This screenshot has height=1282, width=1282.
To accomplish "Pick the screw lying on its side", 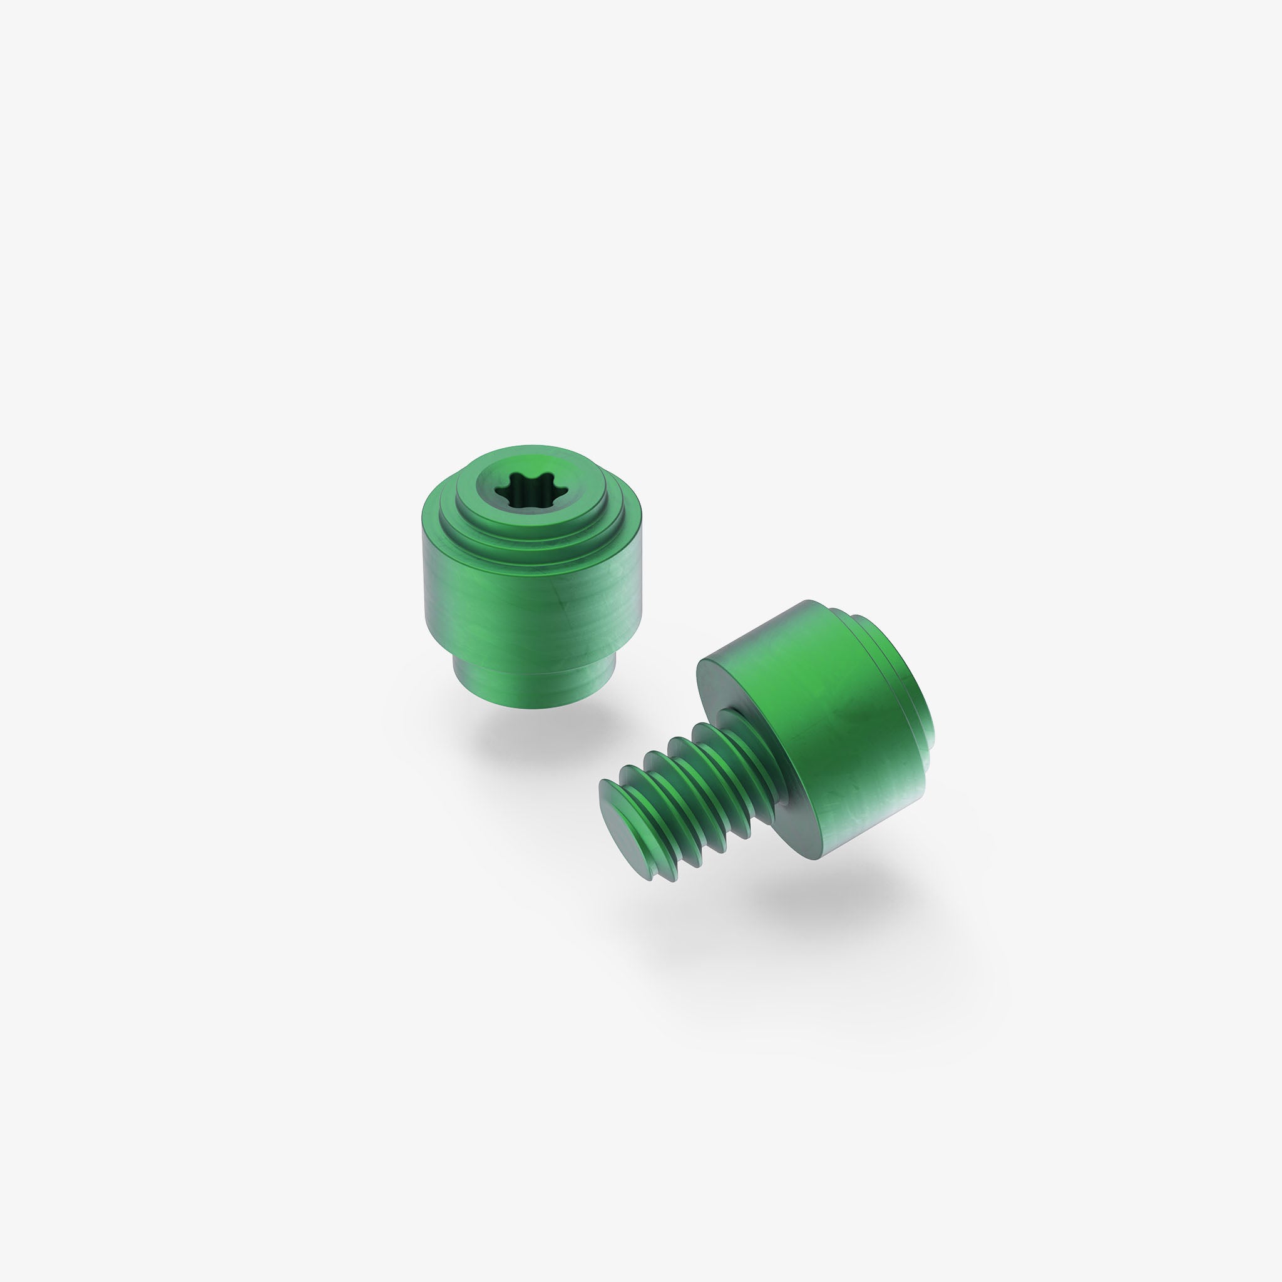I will (x=796, y=743).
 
